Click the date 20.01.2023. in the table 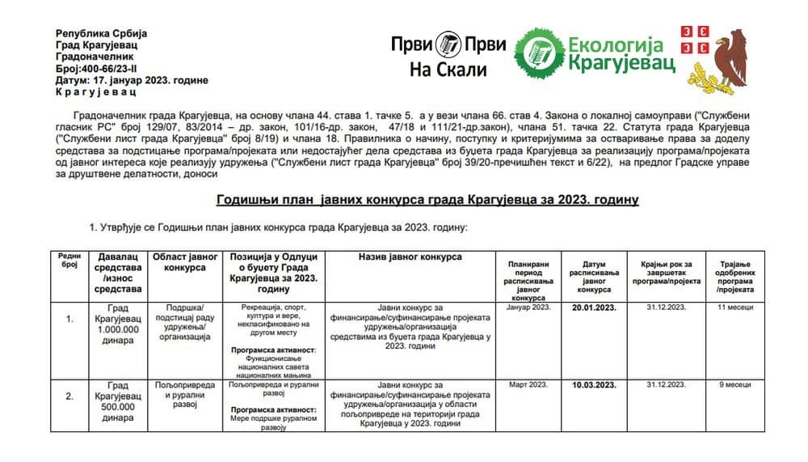coord(594,307)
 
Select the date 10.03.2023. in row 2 coord(594,384)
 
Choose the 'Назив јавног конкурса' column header coord(410,256)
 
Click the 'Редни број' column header coord(69,260)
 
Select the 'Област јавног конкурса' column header coord(185,261)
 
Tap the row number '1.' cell coord(69,320)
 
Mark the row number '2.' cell coord(69,396)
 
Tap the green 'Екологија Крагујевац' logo coord(596,52)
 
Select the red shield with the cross coord(694,40)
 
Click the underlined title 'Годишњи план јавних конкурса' coord(427,199)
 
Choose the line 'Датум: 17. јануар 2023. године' coord(133,80)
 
